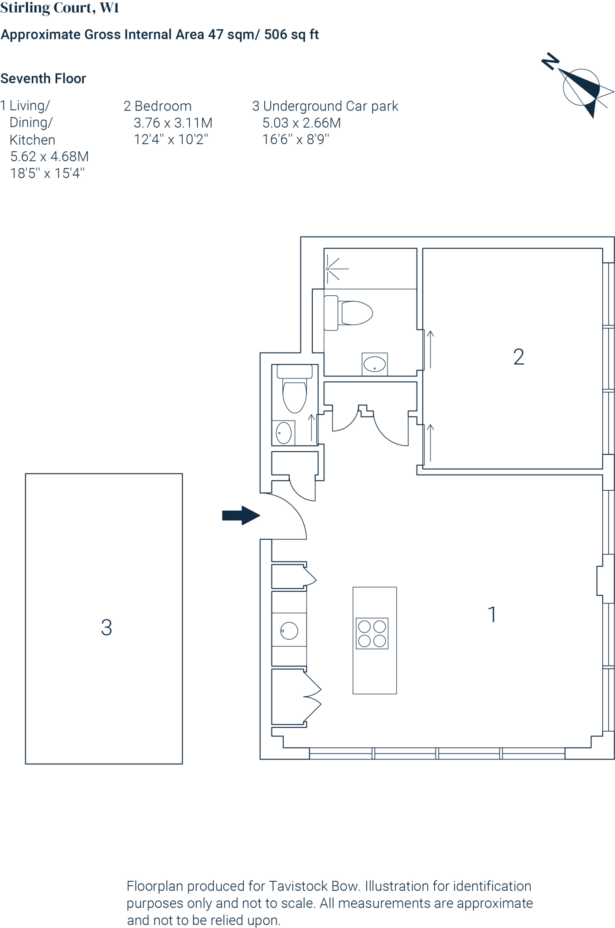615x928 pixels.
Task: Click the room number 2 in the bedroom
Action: [518, 357]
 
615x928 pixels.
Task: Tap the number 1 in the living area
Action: [492, 615]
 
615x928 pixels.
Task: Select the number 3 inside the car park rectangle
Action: [107, 628]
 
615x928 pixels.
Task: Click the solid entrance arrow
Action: [241, 515]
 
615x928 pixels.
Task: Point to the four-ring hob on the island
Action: [372, 633]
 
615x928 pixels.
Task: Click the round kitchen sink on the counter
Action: [289, 631]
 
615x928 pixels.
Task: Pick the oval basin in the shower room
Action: [375, 364]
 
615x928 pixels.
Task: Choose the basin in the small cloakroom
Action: [284, 433]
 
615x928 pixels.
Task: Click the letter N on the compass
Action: [551, 61]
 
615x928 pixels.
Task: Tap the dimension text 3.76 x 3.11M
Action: [173, 123]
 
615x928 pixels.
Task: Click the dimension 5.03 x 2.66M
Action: [301, 123]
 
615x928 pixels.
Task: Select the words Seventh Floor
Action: [43, 78]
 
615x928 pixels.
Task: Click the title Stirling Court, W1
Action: [59, 8]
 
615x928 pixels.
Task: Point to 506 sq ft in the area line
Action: [291, 34]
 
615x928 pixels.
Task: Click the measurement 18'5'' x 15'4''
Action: [48, 173]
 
